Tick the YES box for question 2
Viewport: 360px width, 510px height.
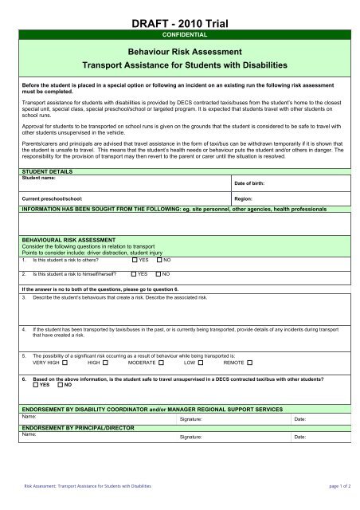(134, 273)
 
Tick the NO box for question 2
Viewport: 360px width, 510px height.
(158, 273)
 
